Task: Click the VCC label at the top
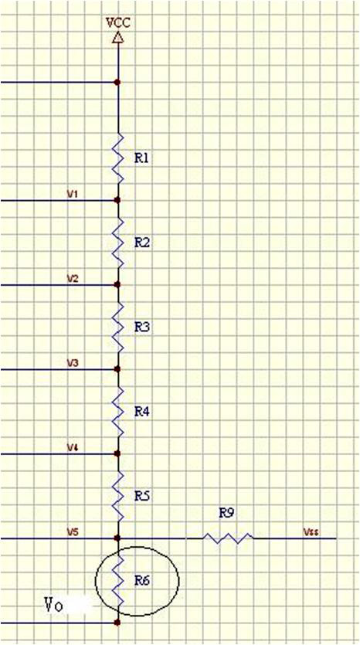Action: tap(118, 22)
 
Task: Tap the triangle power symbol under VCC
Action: tap(118, 37)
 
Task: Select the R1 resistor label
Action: tap(141, 158)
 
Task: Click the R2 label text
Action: tap(141, 243)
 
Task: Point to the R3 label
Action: tap(141, 328)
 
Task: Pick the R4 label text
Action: tap(141, 412)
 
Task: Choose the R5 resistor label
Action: tap(141, 497)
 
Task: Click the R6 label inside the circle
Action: tap(141, 581)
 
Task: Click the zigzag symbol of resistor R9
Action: tap(228, 538)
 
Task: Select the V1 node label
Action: tap(73, 194)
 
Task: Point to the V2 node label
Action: tap(73, 279)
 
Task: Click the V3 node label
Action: tap(73, 363)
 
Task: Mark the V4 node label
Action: tap(73, 447)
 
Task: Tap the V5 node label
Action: tap(73, 532)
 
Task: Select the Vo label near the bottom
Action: tap(54, 606)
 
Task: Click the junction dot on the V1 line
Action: tap(117, 200)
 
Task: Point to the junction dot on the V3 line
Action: tap(117, 369)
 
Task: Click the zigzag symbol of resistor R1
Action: tap(118, 158)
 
